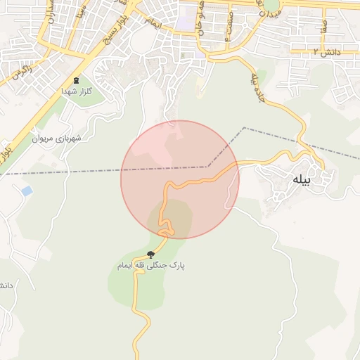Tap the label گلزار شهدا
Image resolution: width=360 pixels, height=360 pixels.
coord(77,92)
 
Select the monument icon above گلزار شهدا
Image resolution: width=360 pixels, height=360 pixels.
coord(76,80)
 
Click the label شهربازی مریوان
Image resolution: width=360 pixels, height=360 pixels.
coord(57,138)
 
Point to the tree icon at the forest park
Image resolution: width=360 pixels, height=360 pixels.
coord(150,254)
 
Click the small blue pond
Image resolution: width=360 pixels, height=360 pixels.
coord(26,191)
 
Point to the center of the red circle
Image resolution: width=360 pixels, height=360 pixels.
coord(180,180)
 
